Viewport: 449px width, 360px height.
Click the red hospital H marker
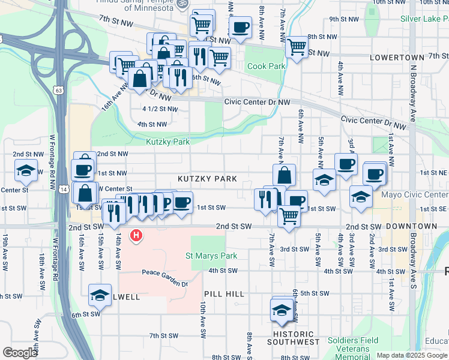click(137, 235)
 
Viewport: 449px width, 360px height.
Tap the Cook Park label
click(266, 66)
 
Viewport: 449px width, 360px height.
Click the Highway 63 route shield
click(58, 90)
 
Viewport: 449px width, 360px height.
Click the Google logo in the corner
click(20, 352)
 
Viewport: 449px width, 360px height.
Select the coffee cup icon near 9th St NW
click(240, 27)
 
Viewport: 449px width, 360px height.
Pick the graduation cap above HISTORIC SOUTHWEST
click(281, 310)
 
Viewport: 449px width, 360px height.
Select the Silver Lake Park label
click(424, 19)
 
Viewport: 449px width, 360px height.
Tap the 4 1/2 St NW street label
click(160, 109)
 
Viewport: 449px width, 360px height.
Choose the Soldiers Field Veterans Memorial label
click(353, 349)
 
